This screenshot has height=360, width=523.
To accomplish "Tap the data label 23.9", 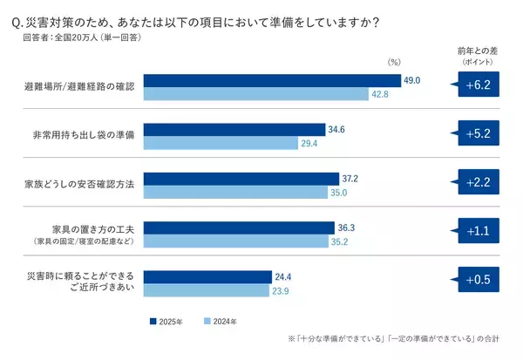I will click(282, 291).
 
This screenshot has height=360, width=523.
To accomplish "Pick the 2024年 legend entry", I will click(221, 322).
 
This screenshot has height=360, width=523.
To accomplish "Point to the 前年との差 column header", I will click(478, 57).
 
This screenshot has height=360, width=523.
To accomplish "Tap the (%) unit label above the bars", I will click(393, 62).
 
